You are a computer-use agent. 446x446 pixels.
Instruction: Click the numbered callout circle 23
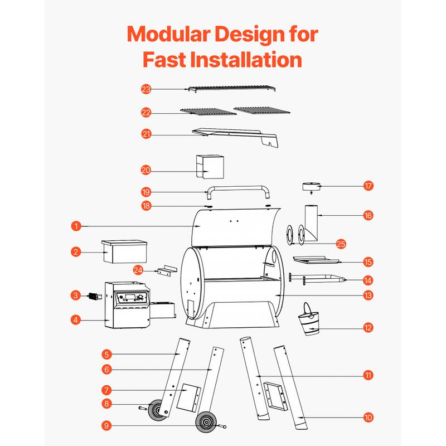coord(146,89)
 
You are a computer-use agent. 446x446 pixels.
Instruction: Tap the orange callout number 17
coord(368,186)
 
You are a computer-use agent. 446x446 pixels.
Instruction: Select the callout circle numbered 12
coord(368,327)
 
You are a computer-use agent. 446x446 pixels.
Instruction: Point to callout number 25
coord(341,244)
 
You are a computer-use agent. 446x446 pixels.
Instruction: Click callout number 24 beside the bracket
coord(138,270)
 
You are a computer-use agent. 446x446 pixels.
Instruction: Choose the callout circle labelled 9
coord(106,425)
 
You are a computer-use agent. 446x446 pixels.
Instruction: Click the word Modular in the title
coord(168,34)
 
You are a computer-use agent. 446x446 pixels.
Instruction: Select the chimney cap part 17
coord(311,187)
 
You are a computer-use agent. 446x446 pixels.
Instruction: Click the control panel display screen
coord(130,298)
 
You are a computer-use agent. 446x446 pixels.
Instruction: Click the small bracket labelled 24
coord(167,271)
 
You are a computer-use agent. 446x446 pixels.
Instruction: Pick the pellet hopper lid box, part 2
coord(124,252)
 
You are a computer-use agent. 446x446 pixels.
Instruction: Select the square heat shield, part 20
coord(210,167)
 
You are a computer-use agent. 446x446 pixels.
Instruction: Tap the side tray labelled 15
coord(316,260)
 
